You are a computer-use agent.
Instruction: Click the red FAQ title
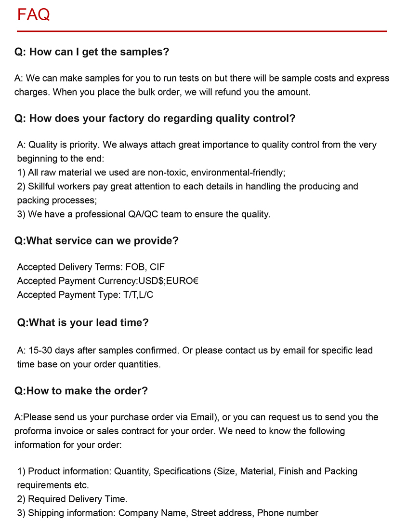pyautogui.click(x=33, y=14)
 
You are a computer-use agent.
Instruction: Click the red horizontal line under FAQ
pyautogui.click(x=202, y=31)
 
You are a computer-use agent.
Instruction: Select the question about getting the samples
pyautogui.click(x=92, y=52)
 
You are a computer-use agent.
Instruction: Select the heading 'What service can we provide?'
pyautogui.click(x=96, y=240)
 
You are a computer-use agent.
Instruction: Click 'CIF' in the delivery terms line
pyautogui.click(x=158, y=267)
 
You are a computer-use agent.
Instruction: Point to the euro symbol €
pyautogui.click(x=195, y=281)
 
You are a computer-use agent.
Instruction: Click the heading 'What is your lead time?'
pyautogui.click(x=83, y=322)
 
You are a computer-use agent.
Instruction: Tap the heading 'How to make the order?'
pyautogui.click(x=81, y=391)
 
